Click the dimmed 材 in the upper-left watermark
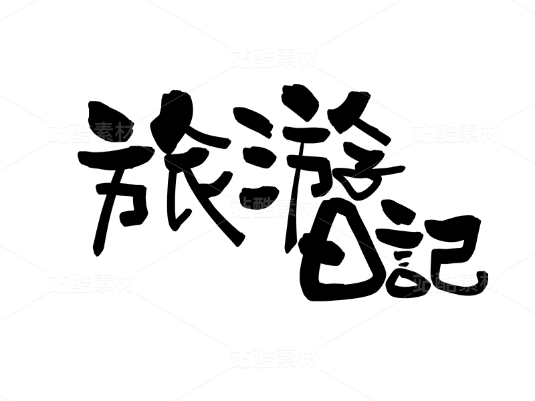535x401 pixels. [125, 132]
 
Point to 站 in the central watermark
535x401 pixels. [241, 207]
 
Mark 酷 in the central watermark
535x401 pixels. [263, 207]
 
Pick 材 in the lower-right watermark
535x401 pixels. [490, 282]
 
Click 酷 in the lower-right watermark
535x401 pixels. [445, 282]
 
